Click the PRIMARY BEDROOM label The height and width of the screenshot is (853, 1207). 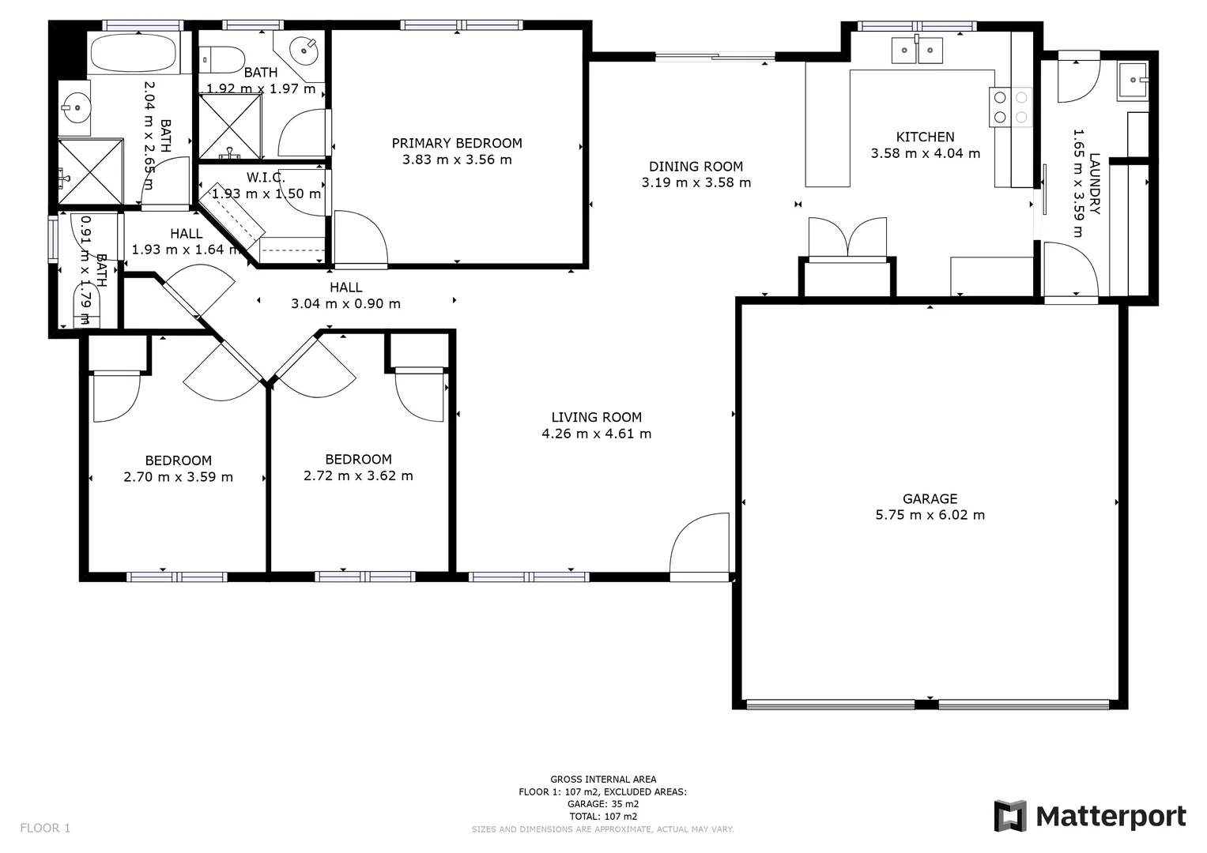point(457,143)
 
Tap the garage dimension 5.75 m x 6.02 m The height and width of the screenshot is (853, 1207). point(930,515)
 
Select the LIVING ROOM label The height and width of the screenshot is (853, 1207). point(596,417)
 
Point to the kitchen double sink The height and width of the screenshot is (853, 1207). point(917,51)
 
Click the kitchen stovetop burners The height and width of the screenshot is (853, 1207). point(1011,107)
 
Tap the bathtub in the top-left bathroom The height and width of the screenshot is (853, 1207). point(133,54)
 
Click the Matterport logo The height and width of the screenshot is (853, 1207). point(1090,816)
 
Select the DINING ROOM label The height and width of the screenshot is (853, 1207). point(696,166)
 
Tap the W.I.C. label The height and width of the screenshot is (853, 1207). point(266,177)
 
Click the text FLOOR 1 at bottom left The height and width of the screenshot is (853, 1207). point(45,828)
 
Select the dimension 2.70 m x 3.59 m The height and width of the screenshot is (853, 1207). point(178,477)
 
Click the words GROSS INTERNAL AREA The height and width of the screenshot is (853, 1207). point(603,780)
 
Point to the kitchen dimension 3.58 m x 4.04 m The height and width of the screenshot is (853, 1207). point(925,153)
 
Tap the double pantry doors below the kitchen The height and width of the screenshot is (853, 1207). point(847,237)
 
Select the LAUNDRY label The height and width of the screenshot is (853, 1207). point(1095,183)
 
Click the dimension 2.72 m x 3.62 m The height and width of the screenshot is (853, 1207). point(358,475)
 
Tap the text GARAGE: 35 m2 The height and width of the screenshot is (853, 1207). point(603,804)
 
